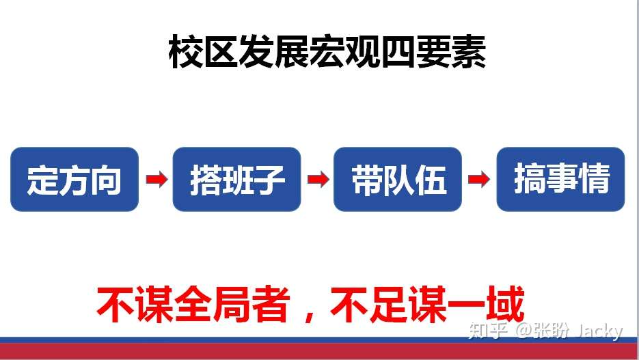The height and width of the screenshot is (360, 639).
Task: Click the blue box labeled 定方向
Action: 74,179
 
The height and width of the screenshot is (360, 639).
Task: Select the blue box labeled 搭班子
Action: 236,179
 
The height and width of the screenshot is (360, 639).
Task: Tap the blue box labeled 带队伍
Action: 398,179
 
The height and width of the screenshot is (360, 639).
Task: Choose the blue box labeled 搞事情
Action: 560,179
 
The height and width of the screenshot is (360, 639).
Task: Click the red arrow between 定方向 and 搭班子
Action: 157,180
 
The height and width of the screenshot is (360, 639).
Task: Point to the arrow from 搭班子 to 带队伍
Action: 318,180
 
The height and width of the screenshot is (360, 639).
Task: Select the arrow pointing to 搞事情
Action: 479,180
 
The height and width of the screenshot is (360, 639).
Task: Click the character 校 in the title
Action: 185,53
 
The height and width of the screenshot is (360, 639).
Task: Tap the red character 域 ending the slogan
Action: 505,305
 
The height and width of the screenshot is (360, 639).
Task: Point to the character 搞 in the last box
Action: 529,180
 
